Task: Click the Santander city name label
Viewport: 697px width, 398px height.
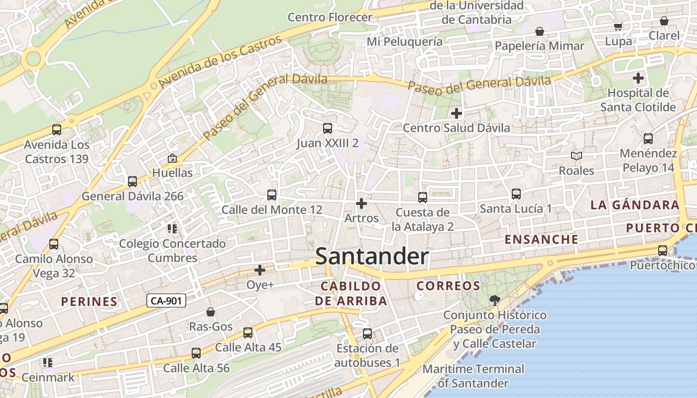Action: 372,257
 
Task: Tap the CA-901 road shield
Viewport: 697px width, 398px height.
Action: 166,300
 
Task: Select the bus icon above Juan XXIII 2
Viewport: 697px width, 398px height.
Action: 327,128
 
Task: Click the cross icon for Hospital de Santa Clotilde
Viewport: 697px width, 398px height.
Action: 638,78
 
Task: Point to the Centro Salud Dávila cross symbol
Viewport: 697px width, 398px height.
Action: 456,113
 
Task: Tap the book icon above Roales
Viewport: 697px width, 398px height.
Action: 576,156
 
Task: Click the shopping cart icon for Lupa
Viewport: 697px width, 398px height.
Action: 618,27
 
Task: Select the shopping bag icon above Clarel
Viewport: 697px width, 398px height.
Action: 664,21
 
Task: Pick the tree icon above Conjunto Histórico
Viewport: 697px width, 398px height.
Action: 494,300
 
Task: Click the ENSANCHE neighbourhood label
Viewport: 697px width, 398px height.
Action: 542,239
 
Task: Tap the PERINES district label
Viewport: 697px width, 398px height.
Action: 89,301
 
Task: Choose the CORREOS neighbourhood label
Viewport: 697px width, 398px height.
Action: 448,286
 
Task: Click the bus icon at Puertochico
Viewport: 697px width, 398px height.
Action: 662,251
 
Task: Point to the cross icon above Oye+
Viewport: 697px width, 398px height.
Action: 260,270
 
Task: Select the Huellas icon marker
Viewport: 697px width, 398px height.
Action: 172,159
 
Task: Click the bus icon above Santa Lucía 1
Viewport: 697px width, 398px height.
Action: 516,194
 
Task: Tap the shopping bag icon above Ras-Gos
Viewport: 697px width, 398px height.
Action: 211,312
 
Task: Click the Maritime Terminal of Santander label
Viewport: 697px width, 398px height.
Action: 473,376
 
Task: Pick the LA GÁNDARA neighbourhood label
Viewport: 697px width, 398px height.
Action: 635,205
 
